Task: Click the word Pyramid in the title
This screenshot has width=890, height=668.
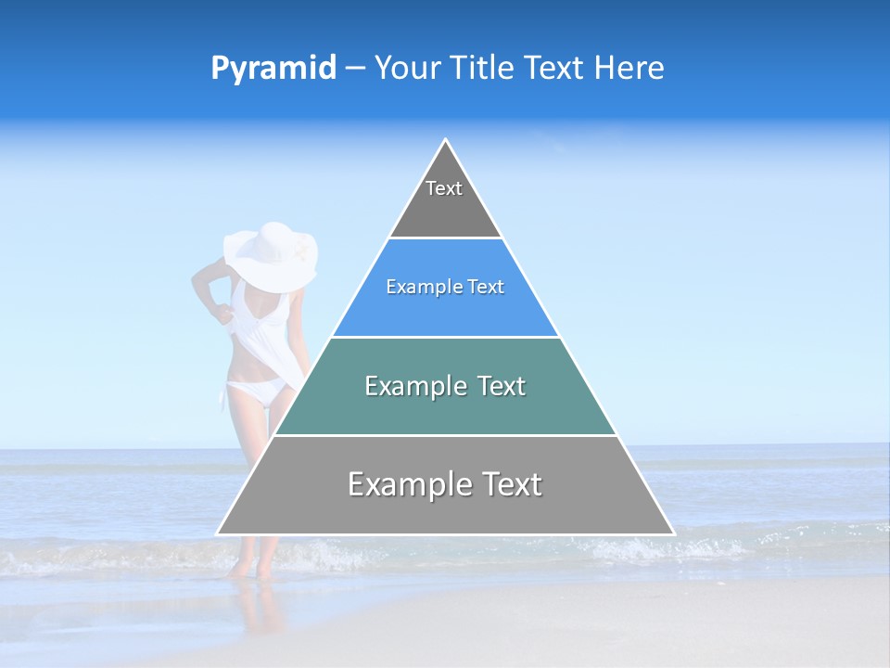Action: click(273, 69)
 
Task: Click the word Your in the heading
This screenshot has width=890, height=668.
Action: click(411, 69)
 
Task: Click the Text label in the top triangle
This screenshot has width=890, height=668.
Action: click(444, 188)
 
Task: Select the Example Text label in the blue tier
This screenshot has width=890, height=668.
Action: click(445, 287)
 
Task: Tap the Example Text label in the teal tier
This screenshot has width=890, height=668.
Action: click(445, 386)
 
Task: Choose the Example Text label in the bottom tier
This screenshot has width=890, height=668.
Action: click(445, 484)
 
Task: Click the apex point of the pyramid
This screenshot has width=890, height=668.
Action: click(446, 140)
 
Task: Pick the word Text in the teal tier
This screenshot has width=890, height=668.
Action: click(499, 386)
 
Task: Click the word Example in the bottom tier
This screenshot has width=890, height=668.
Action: click(406, 484)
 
